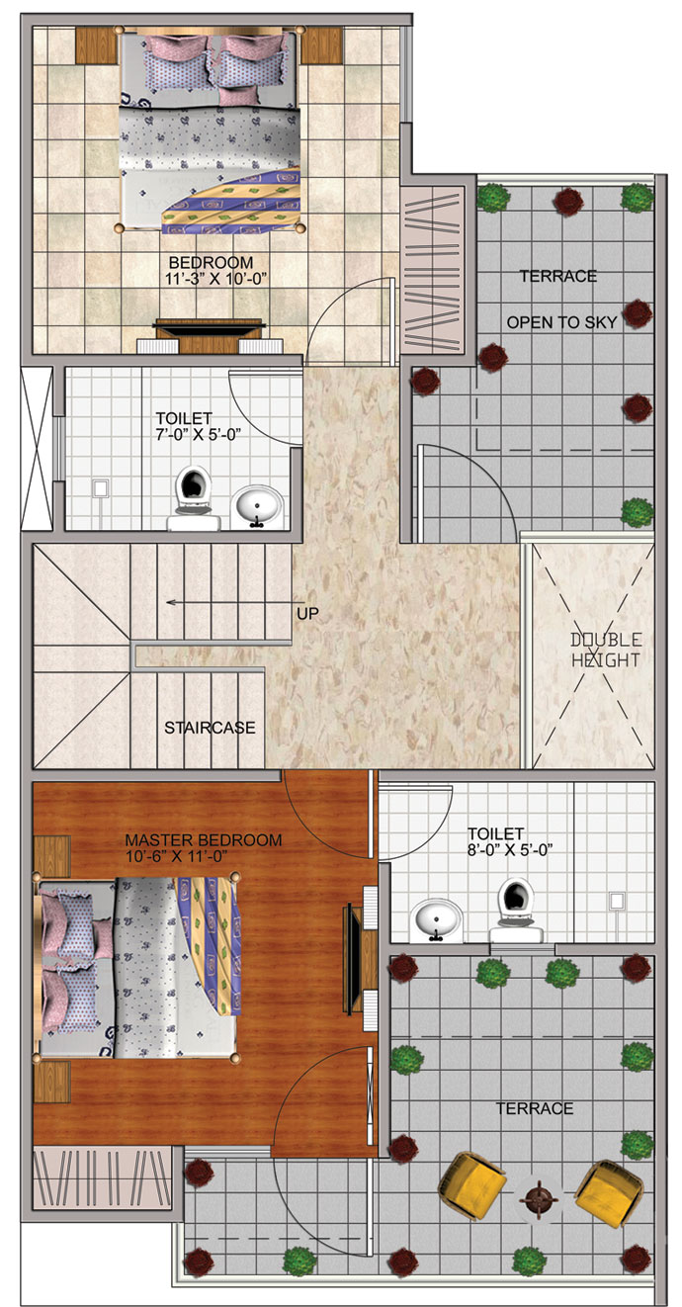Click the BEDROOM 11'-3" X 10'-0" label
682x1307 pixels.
click(215, 270)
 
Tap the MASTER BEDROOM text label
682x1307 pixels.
click(204, 839)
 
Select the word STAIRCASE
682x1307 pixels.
click(210, 728)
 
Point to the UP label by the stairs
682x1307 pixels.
click(307, 614)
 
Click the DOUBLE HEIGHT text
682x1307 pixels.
click(606, 650)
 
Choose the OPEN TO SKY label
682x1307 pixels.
click(561, 322)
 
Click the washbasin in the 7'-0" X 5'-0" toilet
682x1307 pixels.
click(257, 505)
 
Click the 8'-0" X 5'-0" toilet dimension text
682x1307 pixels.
click(509, 849)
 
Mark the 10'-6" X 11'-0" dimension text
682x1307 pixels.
click(177, 855)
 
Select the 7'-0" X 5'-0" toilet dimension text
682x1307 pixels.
click(199, 434)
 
